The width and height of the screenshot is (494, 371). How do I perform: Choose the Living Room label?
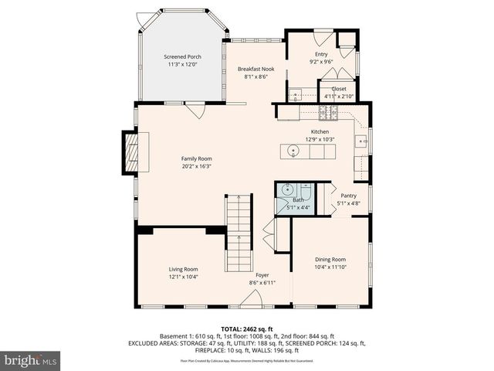click(x=184, y=269)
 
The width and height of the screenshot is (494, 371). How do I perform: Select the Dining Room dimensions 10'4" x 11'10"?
click(x=330, y=267)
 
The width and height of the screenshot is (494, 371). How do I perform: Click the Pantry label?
click(x=348, y=196)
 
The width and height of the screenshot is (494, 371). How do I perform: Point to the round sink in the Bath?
click(x=286, y=189)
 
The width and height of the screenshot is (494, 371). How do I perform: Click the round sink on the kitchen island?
click(x=293, y=151)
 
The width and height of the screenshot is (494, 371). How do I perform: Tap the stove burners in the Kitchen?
click(x=329, y=114)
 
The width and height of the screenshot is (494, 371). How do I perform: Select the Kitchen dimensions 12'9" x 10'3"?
click(x=320, y=140)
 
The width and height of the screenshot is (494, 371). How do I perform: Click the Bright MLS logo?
click(x=31, y=359)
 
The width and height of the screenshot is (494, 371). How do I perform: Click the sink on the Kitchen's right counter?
click(x=360, y=141)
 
